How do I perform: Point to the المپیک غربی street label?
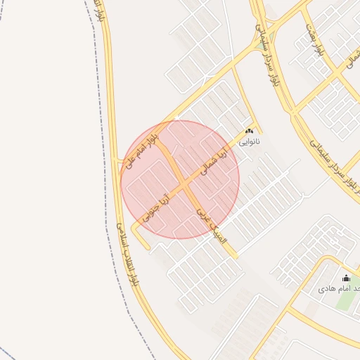pos(212,224)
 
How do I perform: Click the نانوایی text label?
pos(249,141)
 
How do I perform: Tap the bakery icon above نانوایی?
pos(249,131)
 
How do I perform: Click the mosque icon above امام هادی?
pos(345,278)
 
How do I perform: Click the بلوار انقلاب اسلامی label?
pos(126,253)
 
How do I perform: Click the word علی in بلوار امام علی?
pos(131,161)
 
